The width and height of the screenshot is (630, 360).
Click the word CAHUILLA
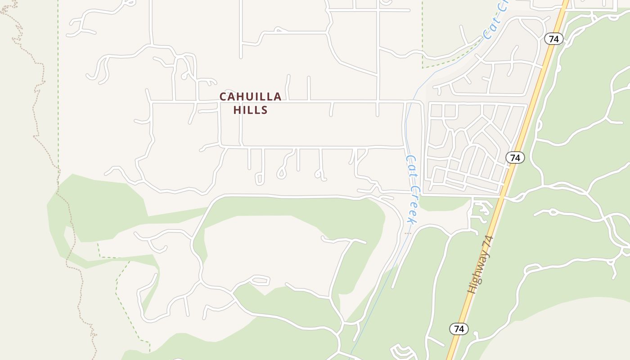[x=250, y=97]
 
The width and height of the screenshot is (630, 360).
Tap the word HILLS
[x=250, y=110]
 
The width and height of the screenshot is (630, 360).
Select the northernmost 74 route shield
[x=553, y=39]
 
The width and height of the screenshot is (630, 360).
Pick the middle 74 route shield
[x=515, y=157]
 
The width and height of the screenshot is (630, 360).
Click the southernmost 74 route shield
[x=459, y=329]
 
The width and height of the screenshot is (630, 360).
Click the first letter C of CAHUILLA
[x=223, y=97]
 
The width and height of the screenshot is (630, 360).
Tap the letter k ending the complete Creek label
[x=410, y=220]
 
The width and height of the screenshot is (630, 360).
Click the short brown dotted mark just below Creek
[x=408, y=234]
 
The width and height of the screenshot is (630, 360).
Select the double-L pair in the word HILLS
[x=253, y=110]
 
